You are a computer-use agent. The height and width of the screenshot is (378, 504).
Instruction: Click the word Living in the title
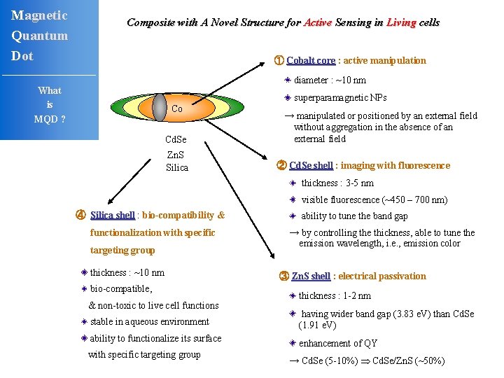click(x=401, y=22)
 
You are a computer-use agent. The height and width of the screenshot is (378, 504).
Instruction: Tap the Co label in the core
click(x=177, y=108)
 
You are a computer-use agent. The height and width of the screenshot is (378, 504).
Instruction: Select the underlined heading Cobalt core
click(x=311, y=60)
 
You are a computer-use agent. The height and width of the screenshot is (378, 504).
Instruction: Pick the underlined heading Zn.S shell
click(x=310, y=276)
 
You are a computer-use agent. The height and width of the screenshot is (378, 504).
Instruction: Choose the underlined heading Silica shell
click(x=112, y=215)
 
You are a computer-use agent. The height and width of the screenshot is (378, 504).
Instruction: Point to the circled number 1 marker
click(x=279, y=60)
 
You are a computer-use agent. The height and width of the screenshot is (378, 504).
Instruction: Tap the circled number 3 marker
click(x=283, y=276)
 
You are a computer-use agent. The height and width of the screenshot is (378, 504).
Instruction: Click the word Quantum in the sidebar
click(x=39, y=36)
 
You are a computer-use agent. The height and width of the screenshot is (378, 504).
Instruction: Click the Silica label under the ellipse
click(x=177, y=167)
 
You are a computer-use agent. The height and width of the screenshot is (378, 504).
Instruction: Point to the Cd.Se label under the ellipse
click(x=176, y=140)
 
